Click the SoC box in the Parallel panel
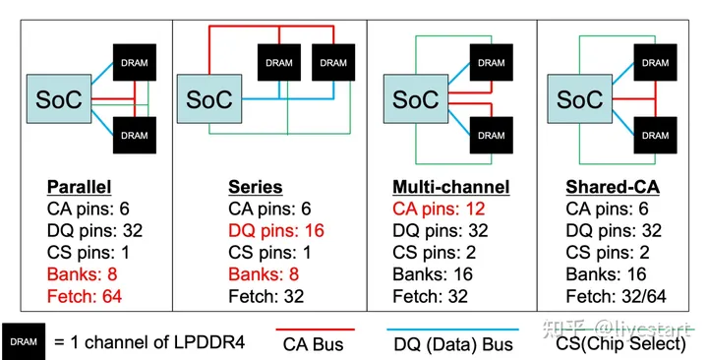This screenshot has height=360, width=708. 59,98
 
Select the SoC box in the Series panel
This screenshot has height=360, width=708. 209,98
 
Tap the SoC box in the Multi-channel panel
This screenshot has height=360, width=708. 416,98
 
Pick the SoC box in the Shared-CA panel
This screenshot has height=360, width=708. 580,98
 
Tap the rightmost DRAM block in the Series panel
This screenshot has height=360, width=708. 332,62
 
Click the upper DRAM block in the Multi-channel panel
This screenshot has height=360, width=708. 492,62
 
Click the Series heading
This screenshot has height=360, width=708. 255,187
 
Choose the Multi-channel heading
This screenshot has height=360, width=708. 450,187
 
